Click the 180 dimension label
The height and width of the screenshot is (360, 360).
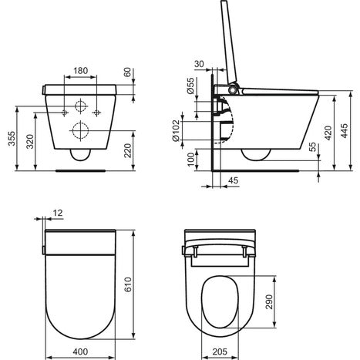(x=79, y=69)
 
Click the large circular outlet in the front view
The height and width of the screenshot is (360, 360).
(x=79, y=130)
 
